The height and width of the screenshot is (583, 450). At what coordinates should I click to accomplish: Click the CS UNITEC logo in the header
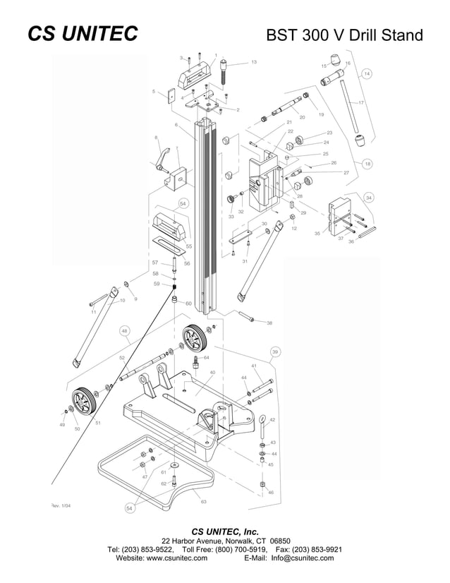(82, 35)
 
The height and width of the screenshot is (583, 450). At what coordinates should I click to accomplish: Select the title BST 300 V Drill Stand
(344, 35)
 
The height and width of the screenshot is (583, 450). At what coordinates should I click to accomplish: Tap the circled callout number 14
(367, 73)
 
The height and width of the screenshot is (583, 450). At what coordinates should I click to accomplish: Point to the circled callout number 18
(367, 163)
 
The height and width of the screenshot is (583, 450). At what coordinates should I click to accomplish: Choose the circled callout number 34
(369, 197)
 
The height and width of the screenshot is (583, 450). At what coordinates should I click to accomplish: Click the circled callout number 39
(275, 351)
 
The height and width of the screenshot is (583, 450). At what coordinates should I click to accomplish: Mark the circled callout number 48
(124, 330)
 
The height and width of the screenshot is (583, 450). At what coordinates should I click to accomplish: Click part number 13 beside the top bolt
(253, 63)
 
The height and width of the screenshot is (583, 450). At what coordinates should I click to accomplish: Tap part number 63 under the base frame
(203, 501)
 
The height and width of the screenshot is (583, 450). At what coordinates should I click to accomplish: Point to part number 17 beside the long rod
(360, 103)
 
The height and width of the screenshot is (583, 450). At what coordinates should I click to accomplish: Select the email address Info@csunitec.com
(303, 558)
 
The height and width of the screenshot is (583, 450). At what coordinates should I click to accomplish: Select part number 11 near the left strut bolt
(93, 311)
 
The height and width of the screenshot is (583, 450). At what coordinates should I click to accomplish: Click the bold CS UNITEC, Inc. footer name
(225, 531)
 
